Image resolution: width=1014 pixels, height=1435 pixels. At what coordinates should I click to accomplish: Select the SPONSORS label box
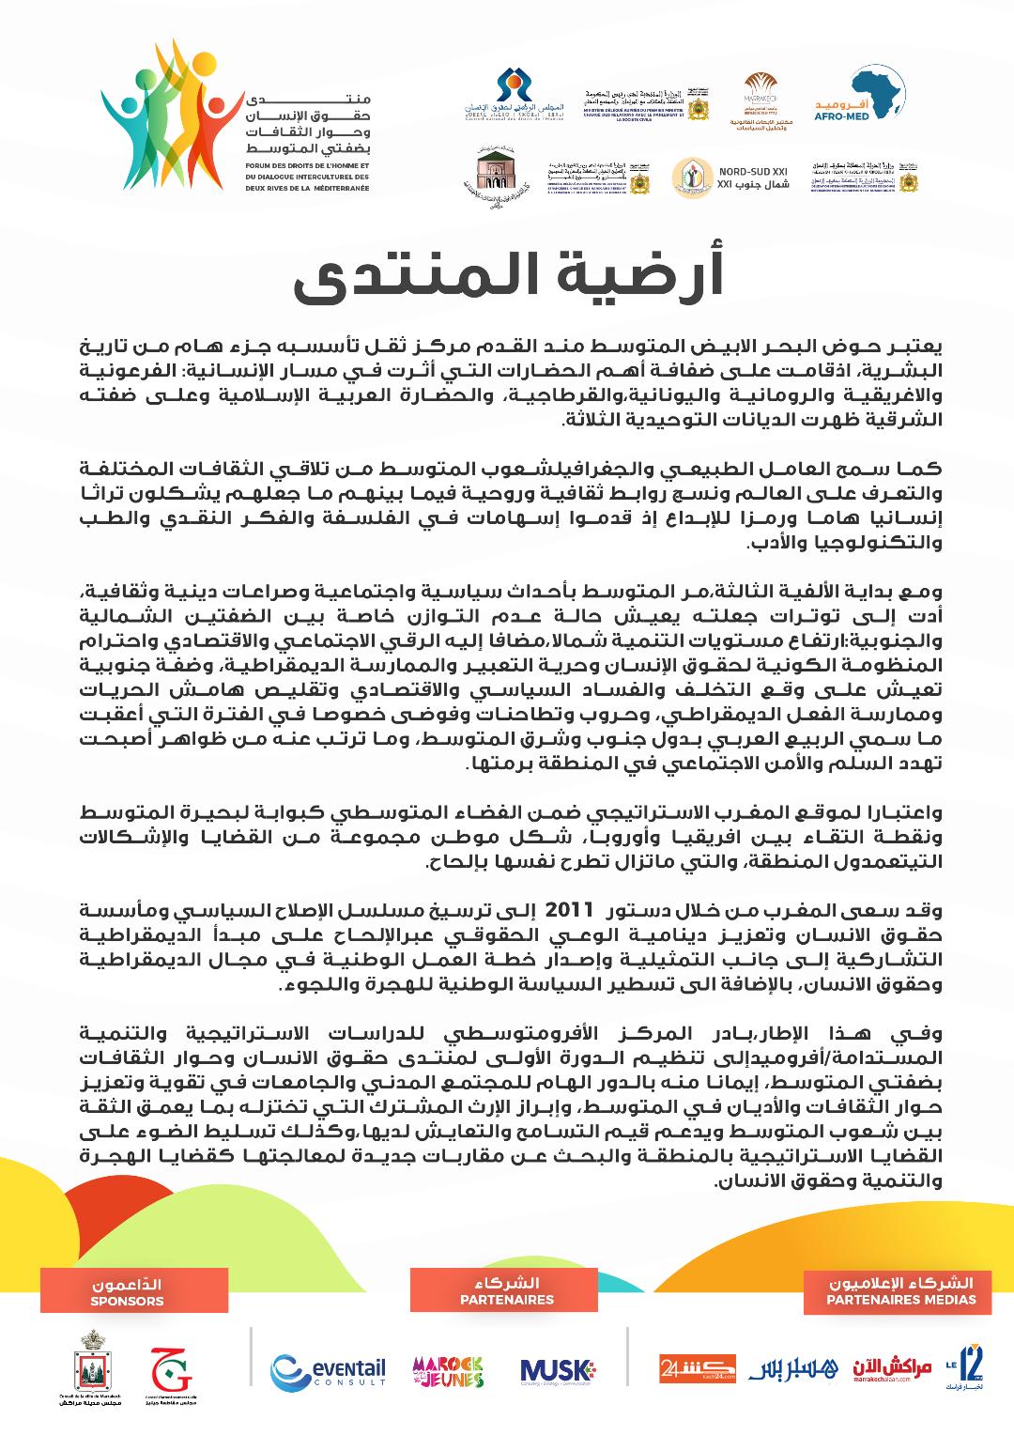tap(128, 1292)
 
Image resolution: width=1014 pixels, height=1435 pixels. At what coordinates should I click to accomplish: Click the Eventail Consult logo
tap(328, 1369)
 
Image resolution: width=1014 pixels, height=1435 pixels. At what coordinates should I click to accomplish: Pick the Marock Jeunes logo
tap(448, 1371)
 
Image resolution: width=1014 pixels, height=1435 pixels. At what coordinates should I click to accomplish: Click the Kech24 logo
tap(697, 1368)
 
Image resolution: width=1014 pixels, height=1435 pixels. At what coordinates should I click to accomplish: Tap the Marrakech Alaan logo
tap(892, 1369)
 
